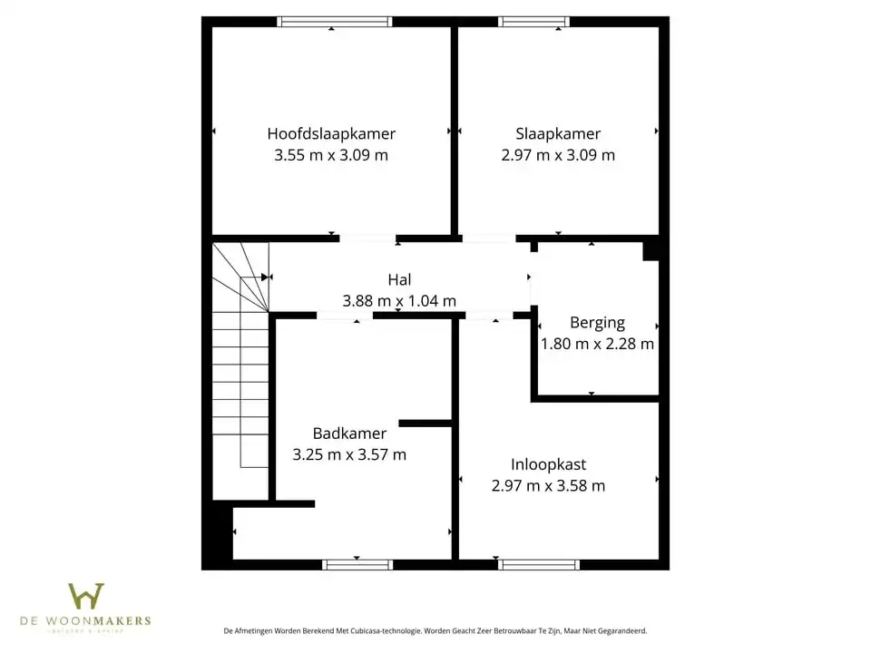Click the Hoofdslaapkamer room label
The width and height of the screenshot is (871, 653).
[331, 133]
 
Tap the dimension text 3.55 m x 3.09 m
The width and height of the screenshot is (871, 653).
[331, 155]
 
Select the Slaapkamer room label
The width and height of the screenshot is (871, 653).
[558, 133]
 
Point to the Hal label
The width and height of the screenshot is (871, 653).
[399, 280]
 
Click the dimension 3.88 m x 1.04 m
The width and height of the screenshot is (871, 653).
[399, 301]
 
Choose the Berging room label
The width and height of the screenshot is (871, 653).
[597, 322]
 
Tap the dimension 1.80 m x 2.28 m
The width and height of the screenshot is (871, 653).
[597, 344]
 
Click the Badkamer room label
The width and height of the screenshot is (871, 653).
[349, 434]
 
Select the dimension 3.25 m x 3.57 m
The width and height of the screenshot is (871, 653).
[349, 455]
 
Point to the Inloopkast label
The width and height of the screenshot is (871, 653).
[548, 464]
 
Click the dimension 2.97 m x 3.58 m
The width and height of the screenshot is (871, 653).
[548, 486]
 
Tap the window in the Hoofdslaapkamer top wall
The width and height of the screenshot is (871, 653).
[335, 22]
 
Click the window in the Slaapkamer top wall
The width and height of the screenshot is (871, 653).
[533, 22]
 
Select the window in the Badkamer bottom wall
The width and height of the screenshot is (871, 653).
[357, 564]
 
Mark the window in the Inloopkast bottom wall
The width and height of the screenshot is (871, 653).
[539, 564]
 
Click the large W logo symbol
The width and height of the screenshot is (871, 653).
[86, 596]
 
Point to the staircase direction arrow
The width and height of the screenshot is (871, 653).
[265, 277]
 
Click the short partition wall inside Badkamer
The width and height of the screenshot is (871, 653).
[425, 423]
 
